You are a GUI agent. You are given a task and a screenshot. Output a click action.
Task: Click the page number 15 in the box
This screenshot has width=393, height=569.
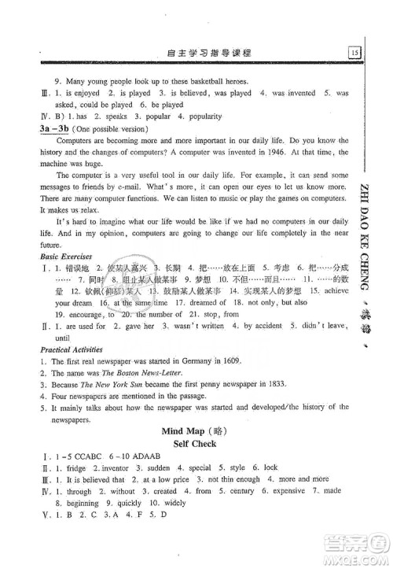[355, 53]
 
